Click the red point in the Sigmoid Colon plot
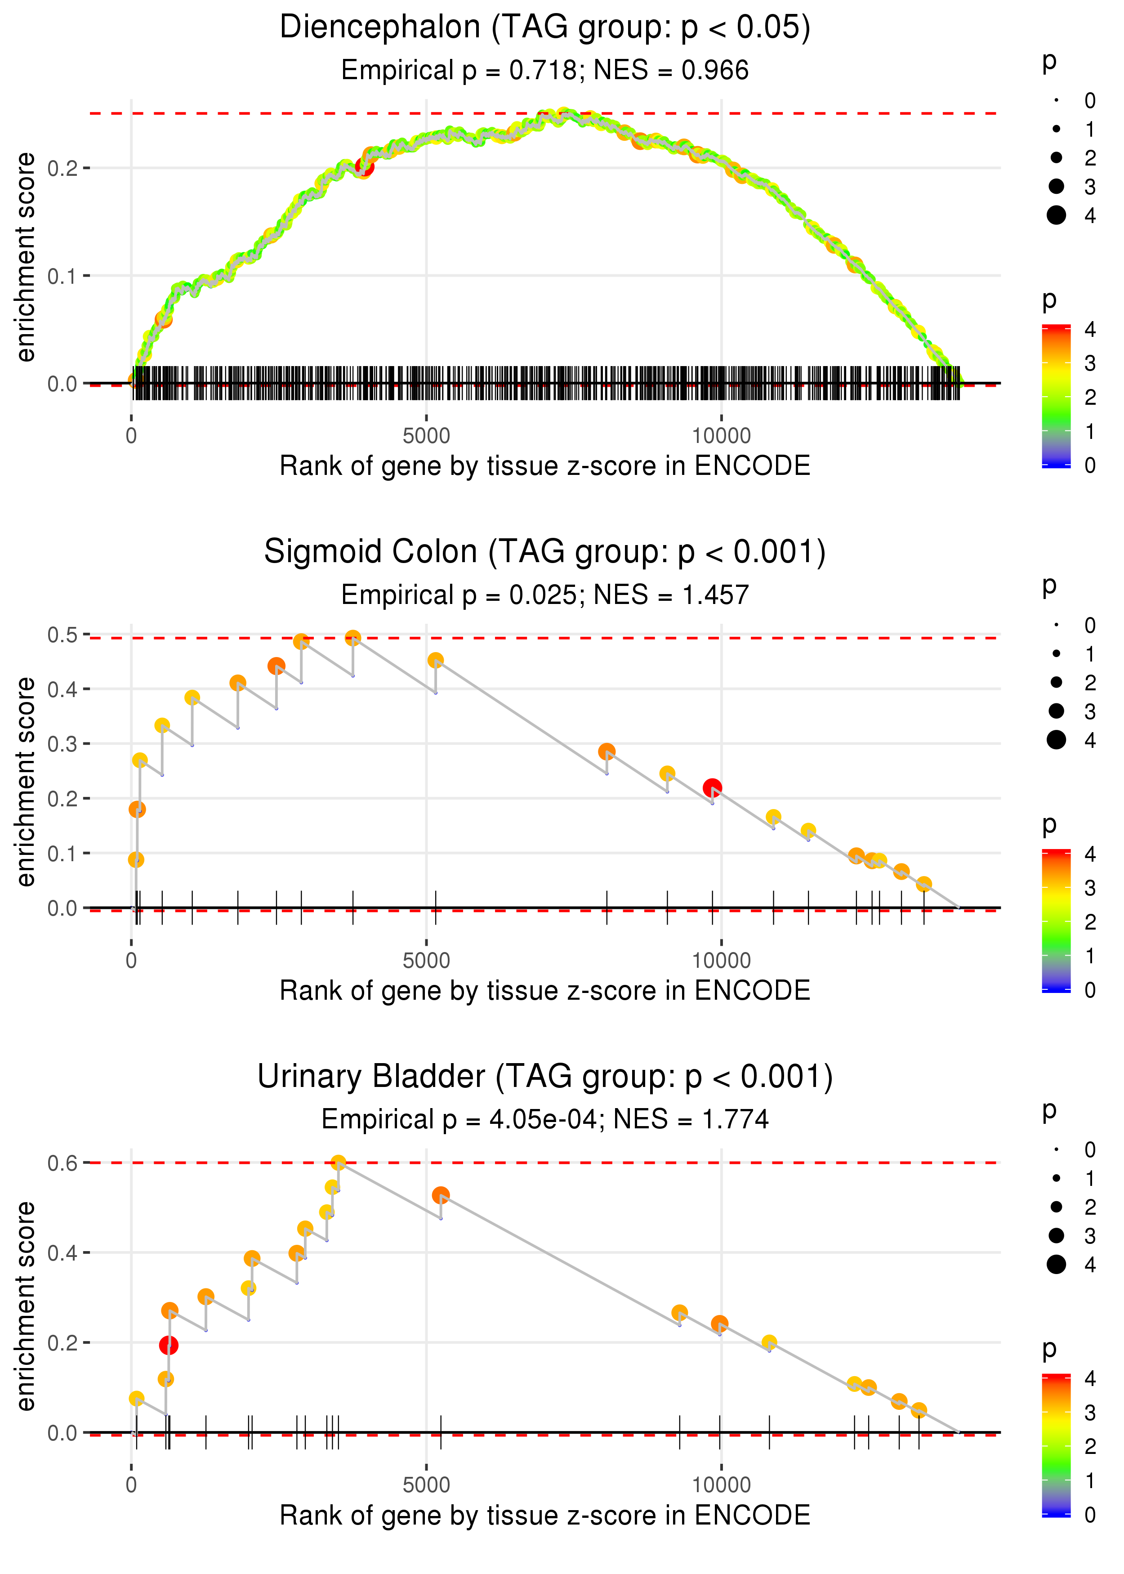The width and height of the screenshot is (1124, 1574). pyautogui.click(x=712, y=788)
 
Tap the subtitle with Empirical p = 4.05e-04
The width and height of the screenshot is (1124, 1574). pyautogui.click(x=545, y=1119)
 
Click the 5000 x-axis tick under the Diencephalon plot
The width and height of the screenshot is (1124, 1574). pyautogui.click(x=426, y=436)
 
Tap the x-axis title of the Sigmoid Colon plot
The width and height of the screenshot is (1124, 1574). pyautogui.click(x=545, y=991)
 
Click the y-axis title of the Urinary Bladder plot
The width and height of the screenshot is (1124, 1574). pyautogui.click(x=26, y=1306)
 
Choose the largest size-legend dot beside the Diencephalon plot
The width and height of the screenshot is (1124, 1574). pyautogui.click(x=1056, y=215)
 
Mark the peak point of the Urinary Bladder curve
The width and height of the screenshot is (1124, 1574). pyautogui.click(x=338, y=1163)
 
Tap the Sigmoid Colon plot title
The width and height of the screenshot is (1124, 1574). pyautogui.click(x=545, y=552)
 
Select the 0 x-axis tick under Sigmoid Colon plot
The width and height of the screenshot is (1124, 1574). pyautogui.click(x=131, y=961)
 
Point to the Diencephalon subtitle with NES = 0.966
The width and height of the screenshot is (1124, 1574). pyautogui.click(x=545, y=70)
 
